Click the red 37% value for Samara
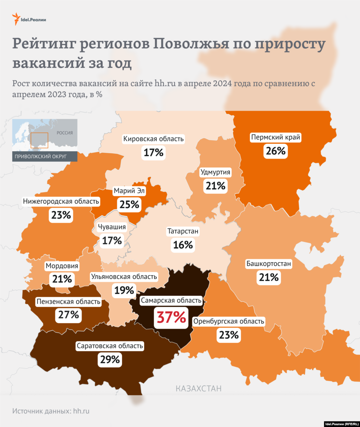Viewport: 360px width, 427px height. [171, 317]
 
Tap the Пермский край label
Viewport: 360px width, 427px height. [276, 138]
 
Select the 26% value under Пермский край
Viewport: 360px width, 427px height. [276, 151]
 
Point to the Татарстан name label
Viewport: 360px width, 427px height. [183, 231]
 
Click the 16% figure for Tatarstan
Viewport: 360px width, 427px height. [183, 245]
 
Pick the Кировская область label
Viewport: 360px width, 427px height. [153, 139]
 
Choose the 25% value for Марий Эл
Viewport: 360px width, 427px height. [129, 204]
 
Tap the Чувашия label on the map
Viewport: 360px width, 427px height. [112, 227]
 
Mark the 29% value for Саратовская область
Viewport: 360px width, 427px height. [110, 359]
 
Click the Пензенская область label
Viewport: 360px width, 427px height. [69, 302]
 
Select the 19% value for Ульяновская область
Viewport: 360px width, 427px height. [124, 290]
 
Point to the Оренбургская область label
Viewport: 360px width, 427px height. [229, 321]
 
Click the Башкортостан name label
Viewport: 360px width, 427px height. [269, 264]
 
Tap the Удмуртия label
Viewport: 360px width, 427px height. [216, 172]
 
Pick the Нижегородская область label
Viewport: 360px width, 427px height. [61, 202]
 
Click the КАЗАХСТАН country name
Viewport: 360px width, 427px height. [199, 389]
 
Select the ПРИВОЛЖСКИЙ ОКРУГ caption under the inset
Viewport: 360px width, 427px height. [41, 157]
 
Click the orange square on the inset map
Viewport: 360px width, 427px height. [39, 140]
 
